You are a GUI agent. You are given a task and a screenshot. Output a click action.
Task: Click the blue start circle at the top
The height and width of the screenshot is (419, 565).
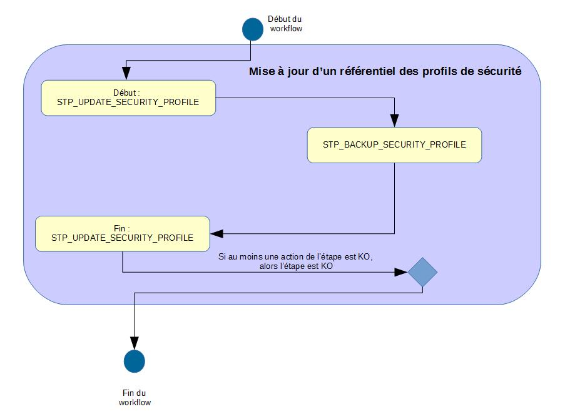tap(253, 28)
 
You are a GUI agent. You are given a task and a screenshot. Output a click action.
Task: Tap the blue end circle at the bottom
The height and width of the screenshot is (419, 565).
tap(135, 361)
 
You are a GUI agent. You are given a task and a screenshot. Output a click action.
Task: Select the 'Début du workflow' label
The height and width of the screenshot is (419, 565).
tap(285, 24)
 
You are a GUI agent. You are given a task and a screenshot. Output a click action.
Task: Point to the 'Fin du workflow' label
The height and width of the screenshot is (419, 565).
tap(135, 398)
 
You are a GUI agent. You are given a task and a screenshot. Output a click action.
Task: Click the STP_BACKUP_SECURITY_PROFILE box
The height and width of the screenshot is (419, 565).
tap(394, 145)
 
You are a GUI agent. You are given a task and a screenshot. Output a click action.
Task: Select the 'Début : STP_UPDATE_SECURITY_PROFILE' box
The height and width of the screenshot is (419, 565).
tap(128, 98)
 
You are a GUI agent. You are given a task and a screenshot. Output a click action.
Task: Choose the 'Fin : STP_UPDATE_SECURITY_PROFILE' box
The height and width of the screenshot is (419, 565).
tap(122, 233)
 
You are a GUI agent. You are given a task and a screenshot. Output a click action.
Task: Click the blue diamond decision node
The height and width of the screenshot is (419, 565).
tap(422, 272)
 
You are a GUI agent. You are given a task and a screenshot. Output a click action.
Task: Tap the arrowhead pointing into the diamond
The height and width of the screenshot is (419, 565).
tap(402, 272)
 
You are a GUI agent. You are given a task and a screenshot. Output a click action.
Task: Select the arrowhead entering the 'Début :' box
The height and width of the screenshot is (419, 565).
tap(127, 74)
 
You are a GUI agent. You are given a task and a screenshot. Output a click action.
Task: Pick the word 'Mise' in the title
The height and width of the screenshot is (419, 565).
tap(261, 71)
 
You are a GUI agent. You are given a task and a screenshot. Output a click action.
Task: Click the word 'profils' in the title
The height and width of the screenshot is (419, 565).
tap(441, 71)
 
